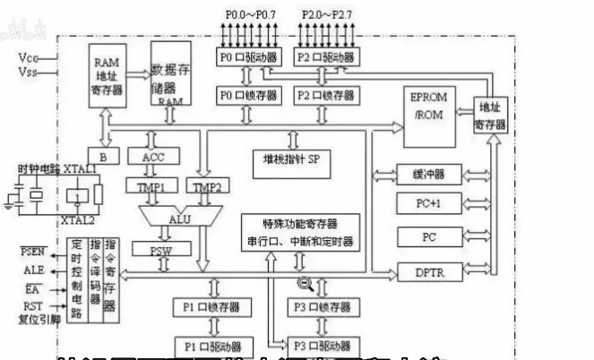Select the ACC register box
pos(154,157)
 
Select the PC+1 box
pos(426,204)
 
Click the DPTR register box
pos(426,270)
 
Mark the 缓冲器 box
pos(426,173)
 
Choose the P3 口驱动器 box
pos(323,345)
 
